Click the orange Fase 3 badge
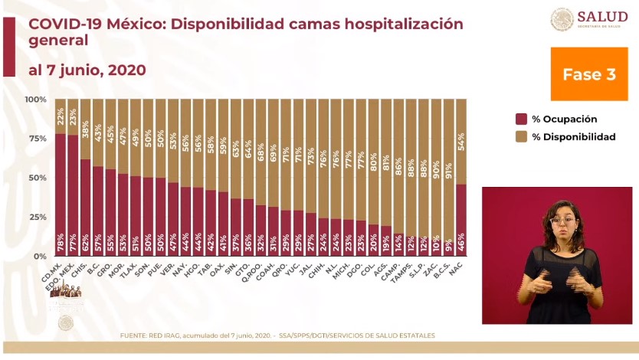(x=588, y=74)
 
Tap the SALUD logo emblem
(x=562, y=19)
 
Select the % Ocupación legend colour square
(x=521, y=119)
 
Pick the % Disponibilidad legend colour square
(x=521, y=136)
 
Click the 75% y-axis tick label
(x=37, y=139)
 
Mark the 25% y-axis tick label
(x=37, y=217)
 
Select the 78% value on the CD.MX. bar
(x=61, y=246)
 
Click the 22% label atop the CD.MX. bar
(x=61, y=116)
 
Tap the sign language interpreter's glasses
(x=562, y=221)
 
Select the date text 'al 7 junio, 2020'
(x=87, y=70)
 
